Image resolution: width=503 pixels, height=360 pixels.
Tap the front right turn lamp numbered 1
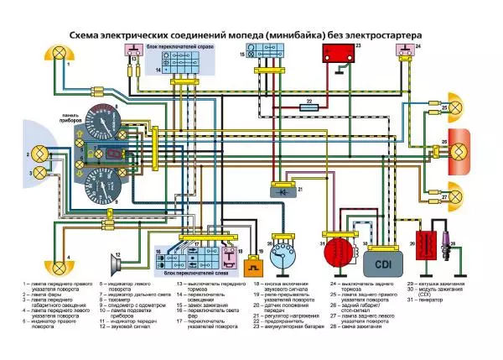click(x=58, y=54)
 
